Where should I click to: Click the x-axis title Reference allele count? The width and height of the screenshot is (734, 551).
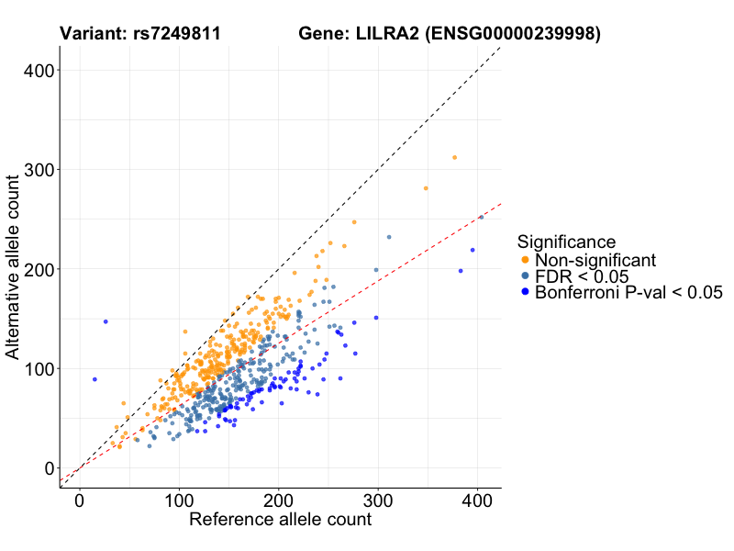pyautogui.click(x=280, y=520)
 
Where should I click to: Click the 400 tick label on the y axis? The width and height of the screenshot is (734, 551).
pyautogui.click(x=37, y=71)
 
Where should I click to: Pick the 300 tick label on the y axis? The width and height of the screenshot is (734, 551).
pyautogui.click(x=37, y=170)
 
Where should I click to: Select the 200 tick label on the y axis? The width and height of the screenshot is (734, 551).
pyautogui.click(x=37, y=269)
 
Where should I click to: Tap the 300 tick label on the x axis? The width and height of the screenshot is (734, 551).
pyautogui.click(x=378, y=501)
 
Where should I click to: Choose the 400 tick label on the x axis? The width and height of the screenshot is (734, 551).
pyautogui.click(x=477, y=501)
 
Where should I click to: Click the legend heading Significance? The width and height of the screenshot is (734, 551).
pyautogui.click(x=566, y=242)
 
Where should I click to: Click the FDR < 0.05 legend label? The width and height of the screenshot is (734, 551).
pyautogui.click(x=581, y=276)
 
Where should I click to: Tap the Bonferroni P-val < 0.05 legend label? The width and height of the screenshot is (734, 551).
pyautogui.click(x=629, y=293)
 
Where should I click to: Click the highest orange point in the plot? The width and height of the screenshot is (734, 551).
pyautogui.click(x=454, y=158)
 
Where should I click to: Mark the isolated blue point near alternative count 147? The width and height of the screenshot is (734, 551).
pyautogui.click(x=106, y=321)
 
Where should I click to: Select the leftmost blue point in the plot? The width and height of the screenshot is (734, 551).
pyautogui.click(x=95, y=379)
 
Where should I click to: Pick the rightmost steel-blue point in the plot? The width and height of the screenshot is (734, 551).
pyautogui.click(x=481, y=218)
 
